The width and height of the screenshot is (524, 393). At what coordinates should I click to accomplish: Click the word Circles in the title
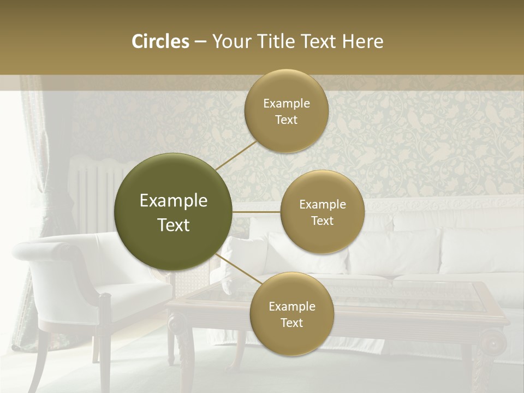(160, 41)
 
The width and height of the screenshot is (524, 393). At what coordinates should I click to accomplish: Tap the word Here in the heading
(363, 41)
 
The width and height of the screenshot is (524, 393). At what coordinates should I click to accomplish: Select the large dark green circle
(173, 212)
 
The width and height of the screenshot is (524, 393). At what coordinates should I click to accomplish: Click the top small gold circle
(286, 111)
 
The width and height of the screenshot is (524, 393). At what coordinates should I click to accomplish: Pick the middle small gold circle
(322, 212)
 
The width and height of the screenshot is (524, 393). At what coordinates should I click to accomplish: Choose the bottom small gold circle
(291, 314)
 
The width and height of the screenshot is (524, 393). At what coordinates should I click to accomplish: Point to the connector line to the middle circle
(256, 212)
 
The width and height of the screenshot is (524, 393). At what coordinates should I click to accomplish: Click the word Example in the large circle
(174, 201)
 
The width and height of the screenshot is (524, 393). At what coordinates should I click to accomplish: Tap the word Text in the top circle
(286, 120)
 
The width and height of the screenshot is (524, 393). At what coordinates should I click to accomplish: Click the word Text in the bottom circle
(291, 323)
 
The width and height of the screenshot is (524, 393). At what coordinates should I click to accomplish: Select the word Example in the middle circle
(322, 204)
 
